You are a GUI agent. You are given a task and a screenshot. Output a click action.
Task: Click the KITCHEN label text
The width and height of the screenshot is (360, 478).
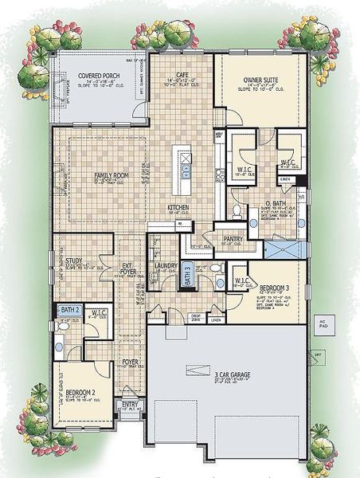point(177,208)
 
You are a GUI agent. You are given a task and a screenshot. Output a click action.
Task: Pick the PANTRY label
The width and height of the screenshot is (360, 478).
point(233,239)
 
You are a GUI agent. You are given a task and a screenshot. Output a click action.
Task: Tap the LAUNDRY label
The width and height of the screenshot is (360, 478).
point(166,265)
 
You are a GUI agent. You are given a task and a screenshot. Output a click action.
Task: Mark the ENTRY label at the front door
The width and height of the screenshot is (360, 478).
point(128,406)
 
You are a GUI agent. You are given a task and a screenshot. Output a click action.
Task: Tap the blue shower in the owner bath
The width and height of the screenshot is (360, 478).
point(284,250)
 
